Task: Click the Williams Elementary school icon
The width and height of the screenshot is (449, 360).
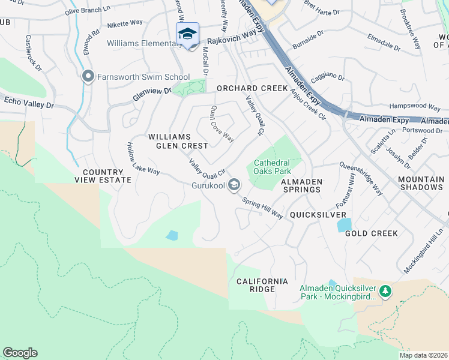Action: click(x=187, y=34)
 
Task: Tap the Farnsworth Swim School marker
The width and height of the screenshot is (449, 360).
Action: click(x=88, y=76)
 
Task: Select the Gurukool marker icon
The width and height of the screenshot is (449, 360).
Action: click(x=234, y=185)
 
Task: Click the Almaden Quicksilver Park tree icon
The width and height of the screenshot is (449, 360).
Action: click(x=385, y=292)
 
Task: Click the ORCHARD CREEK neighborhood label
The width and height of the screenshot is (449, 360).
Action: click(x=252, y=88)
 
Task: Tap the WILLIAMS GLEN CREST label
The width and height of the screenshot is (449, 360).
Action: click(x=178, y=141)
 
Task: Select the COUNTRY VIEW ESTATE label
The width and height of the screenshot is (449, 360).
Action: click(x=103, y=175)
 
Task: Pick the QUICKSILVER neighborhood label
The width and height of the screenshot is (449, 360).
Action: click(x=318, y=214)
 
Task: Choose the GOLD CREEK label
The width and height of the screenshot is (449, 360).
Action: click(x=372, y=233)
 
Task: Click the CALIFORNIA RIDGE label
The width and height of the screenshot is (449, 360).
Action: click(x=262, y=285)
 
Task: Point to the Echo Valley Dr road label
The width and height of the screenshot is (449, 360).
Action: click(x=28, y=103)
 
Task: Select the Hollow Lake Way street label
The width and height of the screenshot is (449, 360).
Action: click(x=142, y=158)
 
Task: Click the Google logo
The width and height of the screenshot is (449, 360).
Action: click(x=20, y=353)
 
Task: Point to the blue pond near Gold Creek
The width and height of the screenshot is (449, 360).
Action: click(x=345, y=225)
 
